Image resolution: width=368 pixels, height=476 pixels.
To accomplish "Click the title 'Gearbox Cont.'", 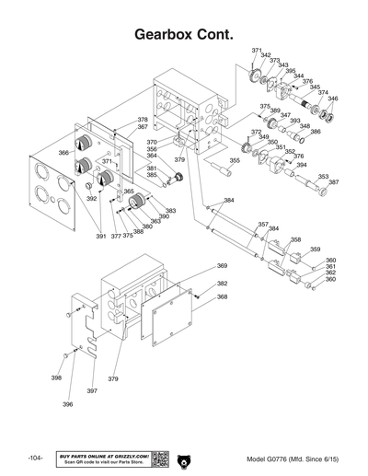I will pos(184,33).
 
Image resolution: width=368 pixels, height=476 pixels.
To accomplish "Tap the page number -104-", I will pos(36,459).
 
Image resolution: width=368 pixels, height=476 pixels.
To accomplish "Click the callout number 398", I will pos(56,377).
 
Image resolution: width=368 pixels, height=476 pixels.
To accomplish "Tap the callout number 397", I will pos(92,391).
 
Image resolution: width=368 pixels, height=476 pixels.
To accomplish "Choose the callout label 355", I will pos(235,160).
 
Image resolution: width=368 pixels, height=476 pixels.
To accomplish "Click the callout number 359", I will pos(315,250).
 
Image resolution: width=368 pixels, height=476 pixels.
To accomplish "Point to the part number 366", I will pos(63,153).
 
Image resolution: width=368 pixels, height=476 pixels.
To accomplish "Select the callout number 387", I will pos(333,182).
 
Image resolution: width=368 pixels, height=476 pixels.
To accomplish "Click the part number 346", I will pos(333,99).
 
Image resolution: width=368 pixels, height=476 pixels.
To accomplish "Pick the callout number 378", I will pos(143,120).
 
